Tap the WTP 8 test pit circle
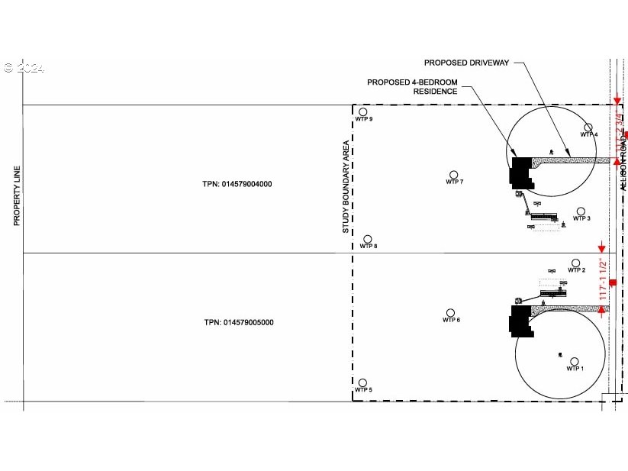click(x=367, y=239)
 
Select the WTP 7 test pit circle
click(x=454, y=175)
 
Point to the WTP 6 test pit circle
click(x=450, y=313)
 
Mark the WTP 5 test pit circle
click(x=362, y=382)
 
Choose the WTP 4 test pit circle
click(x=588, y=127)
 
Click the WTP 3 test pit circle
click(x=581, y=211)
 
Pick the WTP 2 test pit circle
click(x=575, y=263)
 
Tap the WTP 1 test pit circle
click(x=575, y=362)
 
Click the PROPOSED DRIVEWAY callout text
click(x=466, y=63)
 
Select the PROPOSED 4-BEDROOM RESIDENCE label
click(x=413, y=86)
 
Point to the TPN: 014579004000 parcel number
click(x=237, y=184)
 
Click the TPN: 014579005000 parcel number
click(x=238, y=322)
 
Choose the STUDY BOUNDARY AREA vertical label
click(x=346, y=186)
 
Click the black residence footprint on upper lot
click(x=521, y=171)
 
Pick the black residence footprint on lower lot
click(x=520, y=320)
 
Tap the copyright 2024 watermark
click(x=24, y=68)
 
